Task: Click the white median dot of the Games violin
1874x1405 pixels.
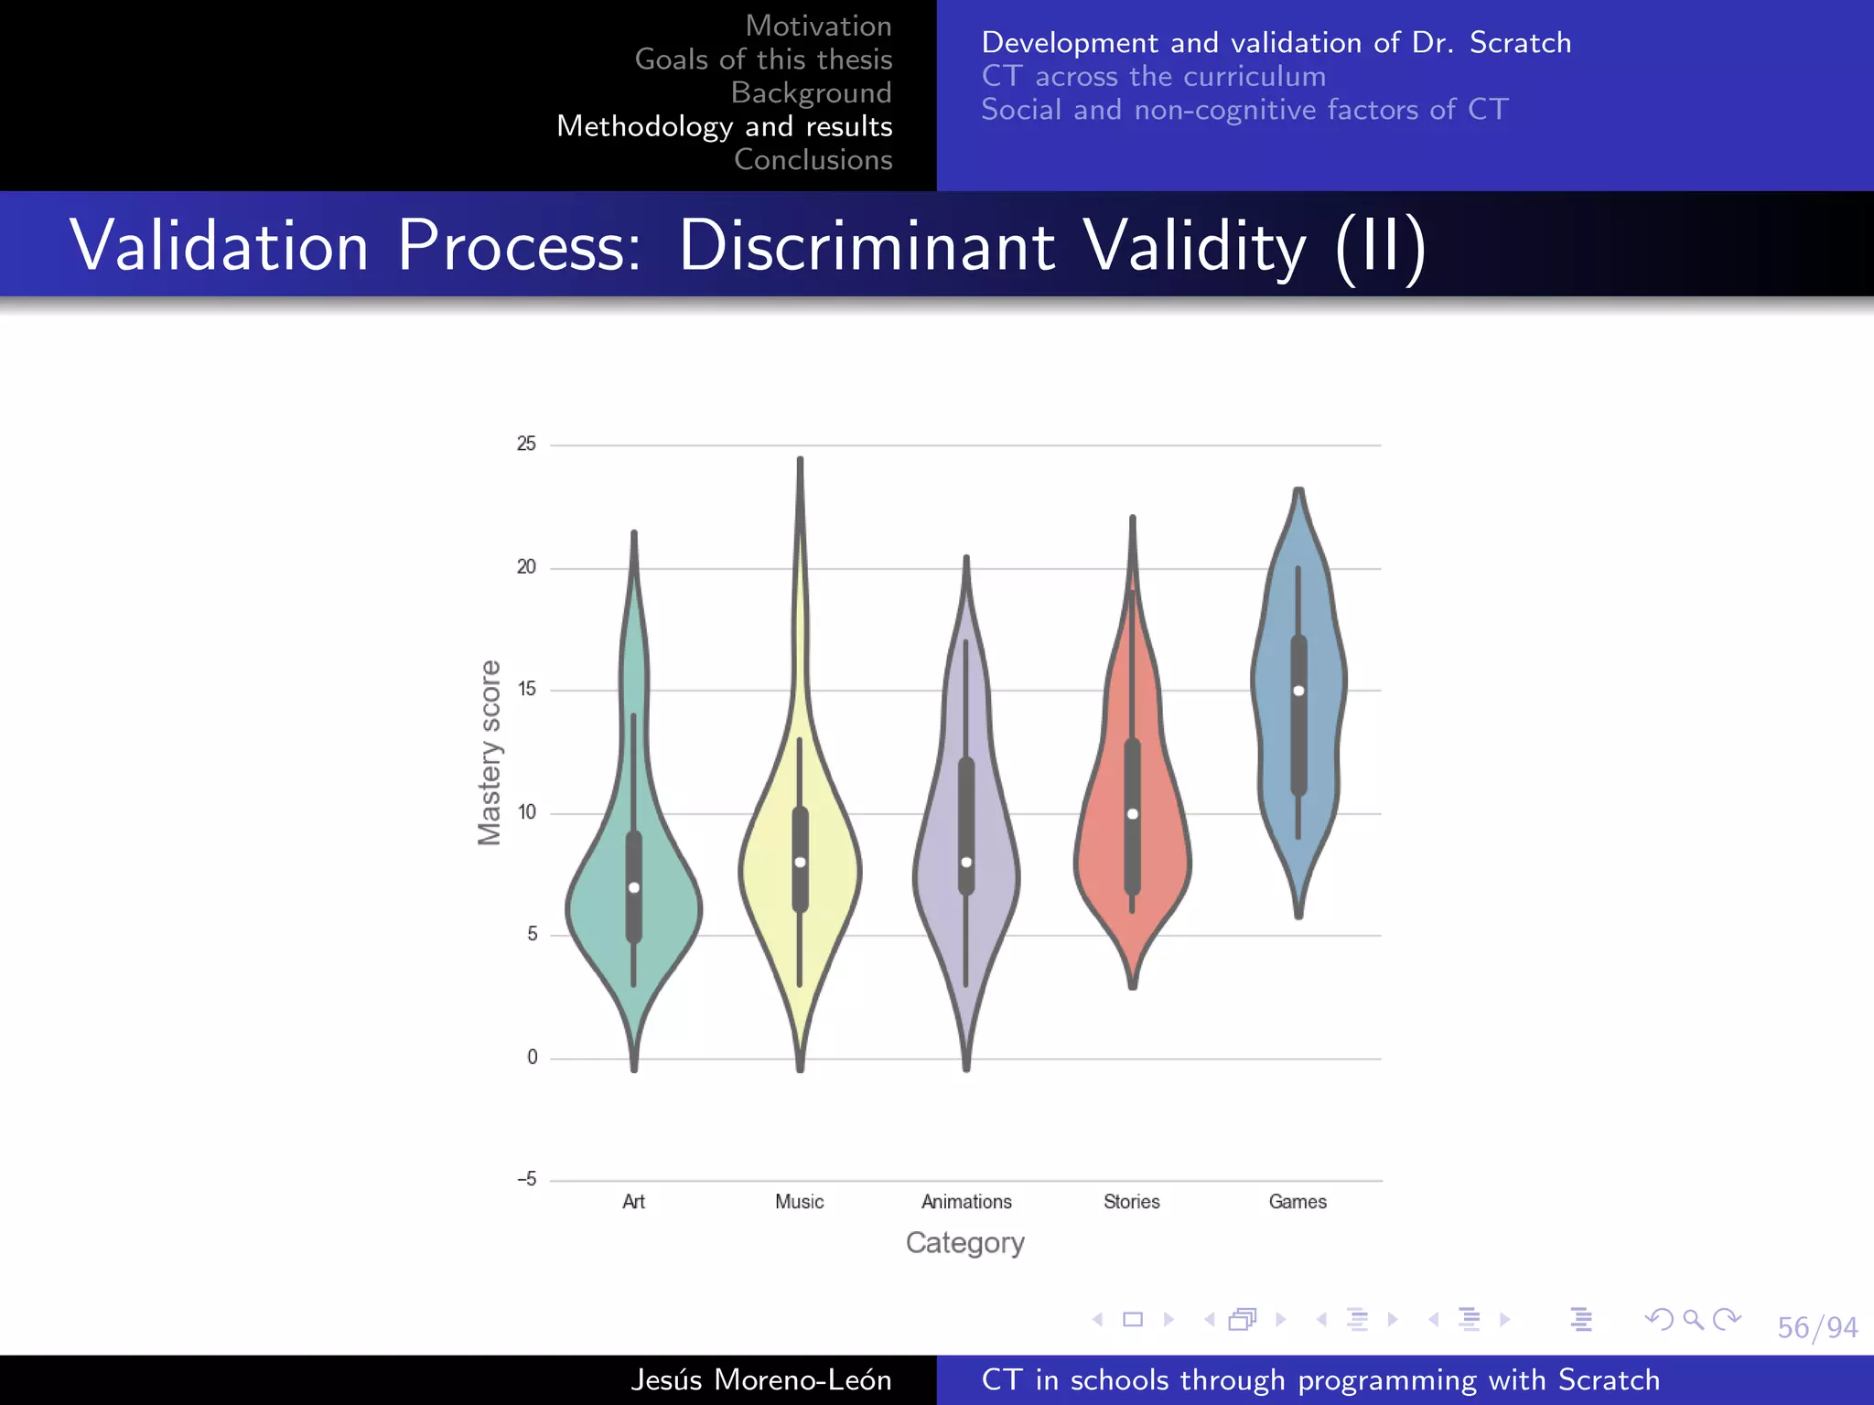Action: [x=1298, y=691]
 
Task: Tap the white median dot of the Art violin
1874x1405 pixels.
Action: [x=634, y=887]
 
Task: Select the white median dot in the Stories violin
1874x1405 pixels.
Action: [x=1133, y=814]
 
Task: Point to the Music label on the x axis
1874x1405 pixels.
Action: [x=799, y=1202]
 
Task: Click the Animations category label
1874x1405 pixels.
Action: [x=966, y=1202]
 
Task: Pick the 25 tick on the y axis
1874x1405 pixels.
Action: [x=526, y=445]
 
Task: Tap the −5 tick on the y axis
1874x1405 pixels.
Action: [x=527, y=1179]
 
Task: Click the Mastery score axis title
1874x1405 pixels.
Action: [x=490, y=752]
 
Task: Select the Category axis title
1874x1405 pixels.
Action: [x=965, y=1243]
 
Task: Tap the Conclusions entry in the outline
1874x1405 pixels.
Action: [x=813, y=160]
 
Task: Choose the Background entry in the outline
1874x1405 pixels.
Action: [x=811, y=93]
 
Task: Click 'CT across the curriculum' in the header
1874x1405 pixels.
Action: [x=1153, y=77]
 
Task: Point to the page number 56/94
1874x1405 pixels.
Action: [x=1816, y=1327]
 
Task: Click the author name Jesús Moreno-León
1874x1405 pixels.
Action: [x=760, y=1379]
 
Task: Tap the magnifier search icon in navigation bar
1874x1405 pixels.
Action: [x=1693, y=1319]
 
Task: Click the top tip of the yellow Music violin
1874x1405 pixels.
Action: [x=800, y=460]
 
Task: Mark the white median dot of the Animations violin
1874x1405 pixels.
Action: [x=966, y=863]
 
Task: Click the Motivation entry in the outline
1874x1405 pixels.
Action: [x=818, y=26]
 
